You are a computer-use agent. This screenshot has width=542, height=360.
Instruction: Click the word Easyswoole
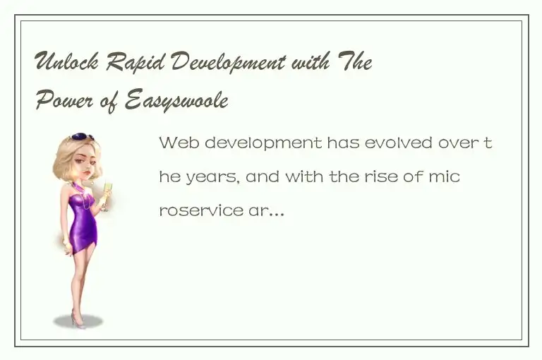coord(176,102)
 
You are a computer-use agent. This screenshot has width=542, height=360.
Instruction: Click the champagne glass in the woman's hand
coord(107,191)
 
